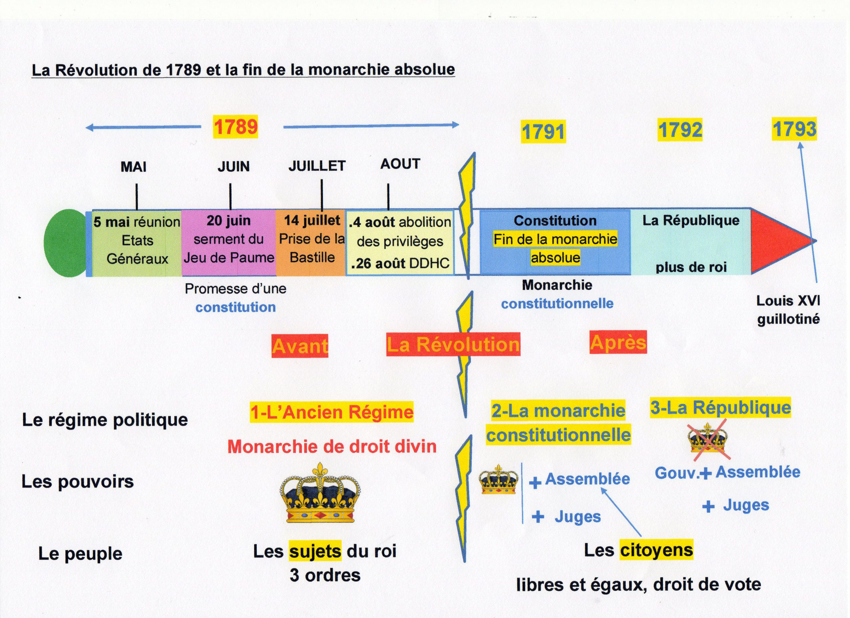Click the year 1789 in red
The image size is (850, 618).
pos(235,126)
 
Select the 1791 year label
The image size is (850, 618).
pos(543,132)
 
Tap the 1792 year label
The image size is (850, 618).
pos(680,130)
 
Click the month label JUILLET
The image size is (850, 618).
pos(317,166)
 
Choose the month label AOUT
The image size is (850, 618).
pos(400,164)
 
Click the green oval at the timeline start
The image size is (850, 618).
pos(66,243)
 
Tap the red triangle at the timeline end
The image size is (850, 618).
pos(778,241)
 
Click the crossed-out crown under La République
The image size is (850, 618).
pos(707,438)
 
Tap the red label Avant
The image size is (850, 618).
pos(300,345)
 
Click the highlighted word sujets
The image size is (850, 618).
pos(315,551)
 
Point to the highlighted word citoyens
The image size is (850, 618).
pos(656,550)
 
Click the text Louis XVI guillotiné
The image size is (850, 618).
pos(788,310)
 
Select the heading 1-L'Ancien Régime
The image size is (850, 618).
pos(332,412)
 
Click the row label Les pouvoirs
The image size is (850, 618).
pos(78,481)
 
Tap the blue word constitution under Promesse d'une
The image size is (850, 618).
pos(235,307)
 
